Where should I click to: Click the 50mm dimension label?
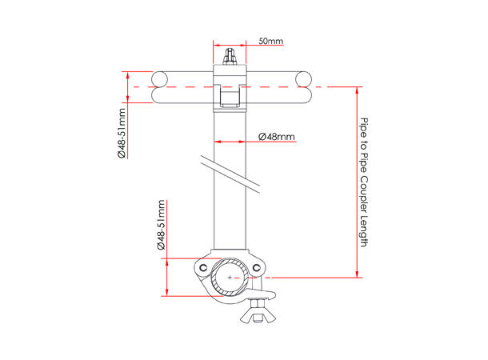(x=270, y=41)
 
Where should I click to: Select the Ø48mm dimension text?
(x=278, y=137)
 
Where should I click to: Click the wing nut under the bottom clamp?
(x=260, y=312)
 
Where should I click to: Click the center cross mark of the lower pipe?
(x=231, y=277)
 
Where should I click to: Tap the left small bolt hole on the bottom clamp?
(x=204, y=266)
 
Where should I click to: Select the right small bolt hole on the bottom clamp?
(x=257, y=266)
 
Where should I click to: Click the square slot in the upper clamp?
(x=230, y=99)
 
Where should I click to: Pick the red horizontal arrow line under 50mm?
(x=231, y=46)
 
